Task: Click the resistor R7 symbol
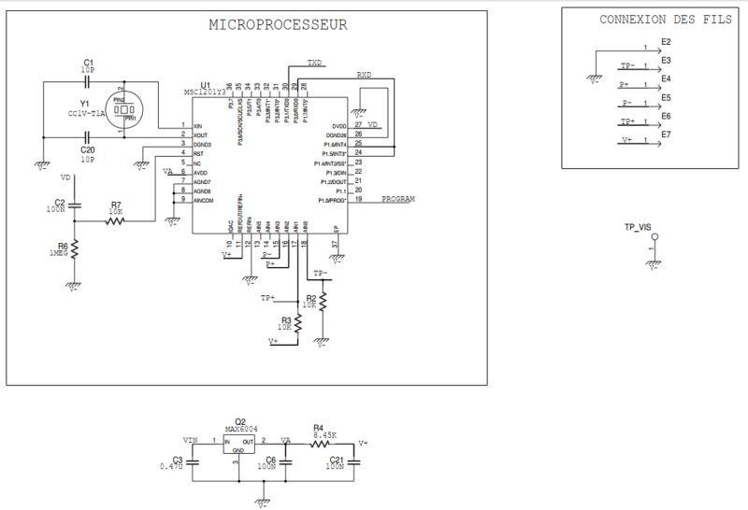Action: click(x=116, y=220)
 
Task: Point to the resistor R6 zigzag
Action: click(x=75, y=249)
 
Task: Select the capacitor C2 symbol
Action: click(x=75, y=203)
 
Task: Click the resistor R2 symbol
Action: click(x=323, y=301)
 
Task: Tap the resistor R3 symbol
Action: click(x=299, y=322)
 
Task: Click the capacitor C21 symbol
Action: click(x=355, y=460)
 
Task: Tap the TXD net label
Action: click(x=315, y=63)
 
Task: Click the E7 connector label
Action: click(x=666, y=135)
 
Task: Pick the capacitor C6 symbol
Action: click(x=287, y=460)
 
